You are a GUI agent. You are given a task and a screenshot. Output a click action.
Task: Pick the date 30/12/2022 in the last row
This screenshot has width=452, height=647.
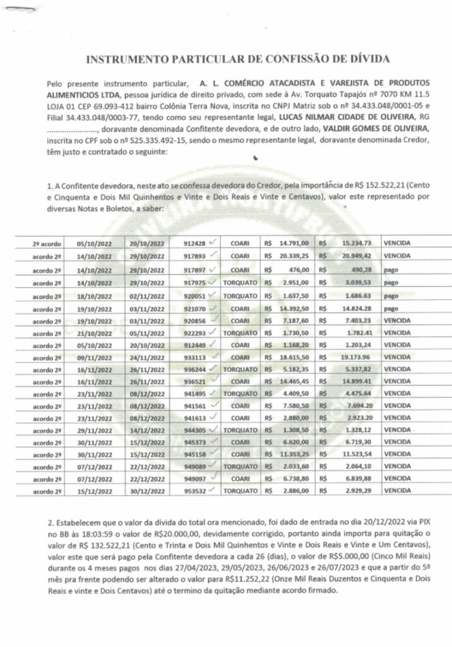pos(147,490)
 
